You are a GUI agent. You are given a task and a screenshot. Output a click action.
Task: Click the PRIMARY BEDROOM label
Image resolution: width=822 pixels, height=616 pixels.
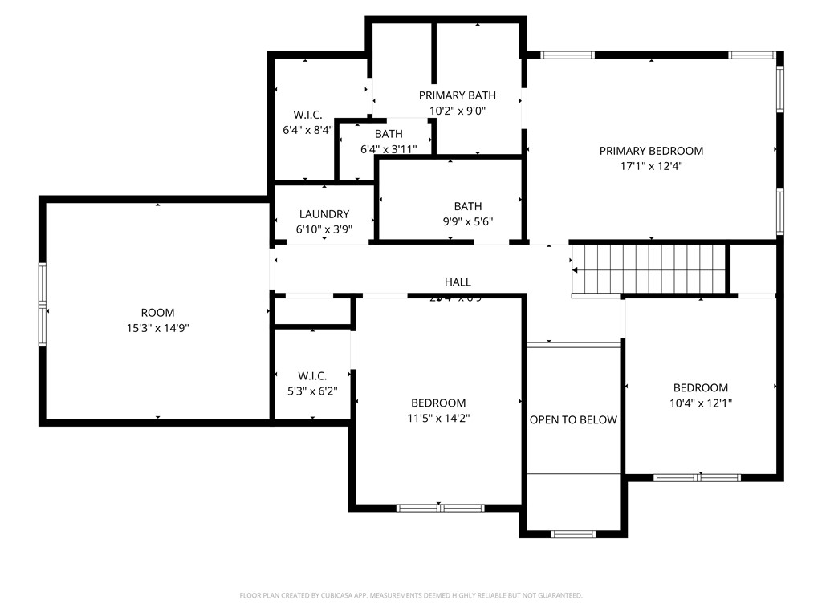pyautogui.click(x=651, y=151)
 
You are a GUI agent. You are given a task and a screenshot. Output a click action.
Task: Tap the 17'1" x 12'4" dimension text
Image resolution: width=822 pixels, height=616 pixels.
pyautogui.click(x=651, y=167)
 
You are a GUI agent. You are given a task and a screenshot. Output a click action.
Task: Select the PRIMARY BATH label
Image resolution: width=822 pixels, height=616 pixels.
pyautogui.click(x=458, y=95)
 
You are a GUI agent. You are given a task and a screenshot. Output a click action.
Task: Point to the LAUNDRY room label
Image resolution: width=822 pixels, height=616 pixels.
pyautogui.click(x=324, y=214)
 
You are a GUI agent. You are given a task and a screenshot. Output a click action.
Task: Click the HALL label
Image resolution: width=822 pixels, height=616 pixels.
pyautogui.click(x=458, y=282)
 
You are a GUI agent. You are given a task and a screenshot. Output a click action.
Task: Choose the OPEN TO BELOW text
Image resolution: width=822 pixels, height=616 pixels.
pyautogui.click(x=573, y=419)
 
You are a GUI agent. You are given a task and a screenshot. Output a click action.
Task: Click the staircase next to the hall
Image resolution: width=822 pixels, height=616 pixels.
pyautogui.click(x=649, y=269)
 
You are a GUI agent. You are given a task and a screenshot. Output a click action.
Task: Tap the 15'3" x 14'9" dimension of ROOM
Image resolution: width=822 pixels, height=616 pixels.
pyautogui.click(x=157, y=328)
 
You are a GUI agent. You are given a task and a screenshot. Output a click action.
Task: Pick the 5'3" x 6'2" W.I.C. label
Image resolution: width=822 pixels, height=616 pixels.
pyautogui.click(x=312, y=391)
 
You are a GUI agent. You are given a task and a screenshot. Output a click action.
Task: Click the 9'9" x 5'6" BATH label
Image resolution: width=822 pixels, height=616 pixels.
pyautogui.click(x=468, y=222)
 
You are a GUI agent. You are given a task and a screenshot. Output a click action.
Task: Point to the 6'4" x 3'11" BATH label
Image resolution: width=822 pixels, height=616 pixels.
pyautogui.click(x=389, y=148)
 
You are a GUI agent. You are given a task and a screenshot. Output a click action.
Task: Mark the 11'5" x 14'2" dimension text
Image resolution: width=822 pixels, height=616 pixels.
pyautogui.click(x=438, y=418)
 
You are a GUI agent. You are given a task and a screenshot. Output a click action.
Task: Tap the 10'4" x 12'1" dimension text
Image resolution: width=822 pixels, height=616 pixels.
pyautogui.click(x=701, y=403)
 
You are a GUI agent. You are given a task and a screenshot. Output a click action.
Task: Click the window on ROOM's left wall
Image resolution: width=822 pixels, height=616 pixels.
pyautogui.click(x=43, y=305)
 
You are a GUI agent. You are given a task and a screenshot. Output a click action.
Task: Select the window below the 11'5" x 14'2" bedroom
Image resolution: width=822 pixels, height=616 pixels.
pyautogui.click(x=440, y=508)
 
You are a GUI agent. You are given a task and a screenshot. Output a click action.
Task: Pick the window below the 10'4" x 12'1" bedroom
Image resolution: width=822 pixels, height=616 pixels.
pyautogui.click(x=697, y=478)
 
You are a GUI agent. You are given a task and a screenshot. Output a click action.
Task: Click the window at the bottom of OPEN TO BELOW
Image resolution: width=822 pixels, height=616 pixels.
pyautogui.click(x=573, y=533)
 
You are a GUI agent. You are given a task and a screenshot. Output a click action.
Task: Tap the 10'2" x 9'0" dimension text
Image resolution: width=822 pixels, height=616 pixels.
pyautogui.click(x=458, y=111)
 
